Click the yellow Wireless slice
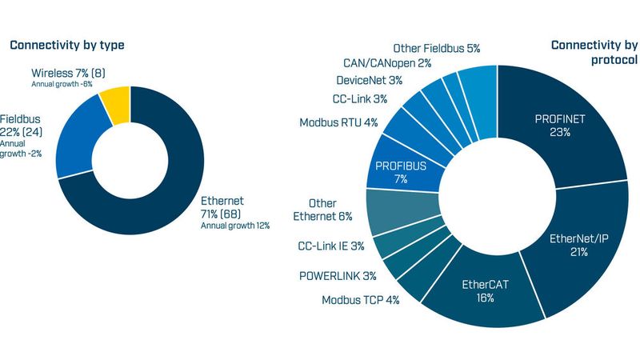pyautogui.click(x=114, y=107)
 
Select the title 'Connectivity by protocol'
pyautogui.click(x=594, y=53)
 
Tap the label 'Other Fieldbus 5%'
pyautogui.click(x=436, y=49)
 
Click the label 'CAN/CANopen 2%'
pyautogui.click(x=387, y=62)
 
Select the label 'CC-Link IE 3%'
pyautogui.click(x=330, y=246)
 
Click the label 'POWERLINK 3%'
pyautogui.click(x=338, y=276)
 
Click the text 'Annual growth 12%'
pyautogui.click(x=234, y=226)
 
